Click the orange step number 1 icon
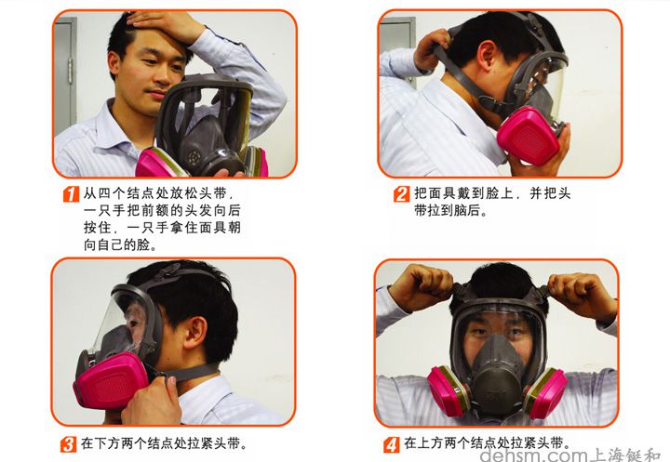click(x=70, y=195)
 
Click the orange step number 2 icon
click(x=401, y=195)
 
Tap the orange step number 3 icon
click(x=69, y=444)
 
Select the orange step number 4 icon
click(x=393, y=444)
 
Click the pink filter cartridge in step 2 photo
click(x=527, y=135)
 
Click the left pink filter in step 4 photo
click(x=448, y=390)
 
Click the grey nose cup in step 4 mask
click(x=497, y=367)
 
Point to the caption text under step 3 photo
click(x=164, y=444)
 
